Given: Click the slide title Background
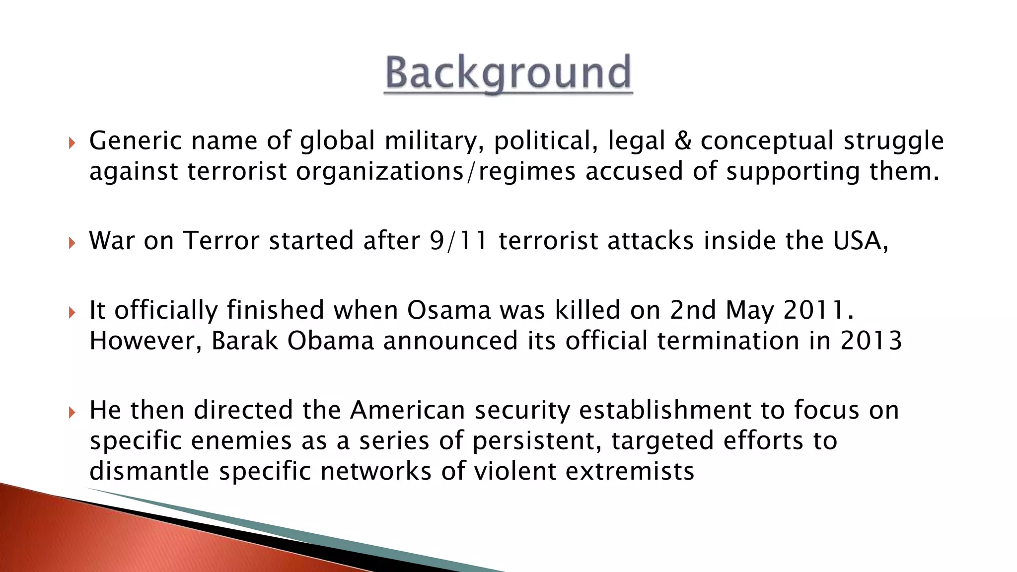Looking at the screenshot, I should [x=508, y=73].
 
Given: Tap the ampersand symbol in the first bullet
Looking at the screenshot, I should [x=683, y=141].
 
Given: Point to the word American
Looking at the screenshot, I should [x=407, y=411].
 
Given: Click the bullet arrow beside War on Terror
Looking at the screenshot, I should [x=72, y=243].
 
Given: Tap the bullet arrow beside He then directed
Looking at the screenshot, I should [x=72, y=413].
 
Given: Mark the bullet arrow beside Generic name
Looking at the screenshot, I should [x=72, y=143].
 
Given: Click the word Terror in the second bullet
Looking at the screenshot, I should [x=221, y=241].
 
